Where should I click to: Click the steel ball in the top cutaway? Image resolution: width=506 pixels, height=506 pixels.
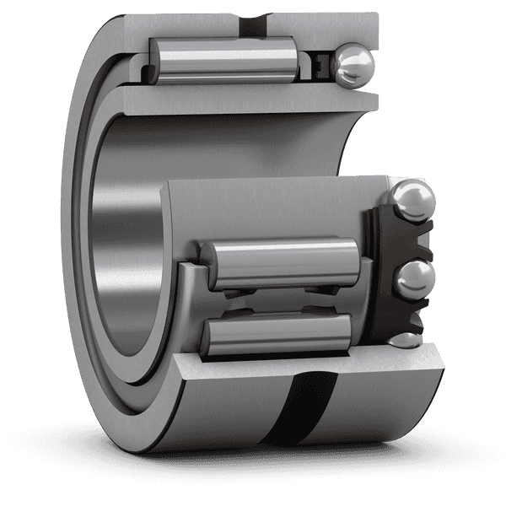pos(352,65)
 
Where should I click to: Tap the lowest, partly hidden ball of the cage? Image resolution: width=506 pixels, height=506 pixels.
pos(407,340)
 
